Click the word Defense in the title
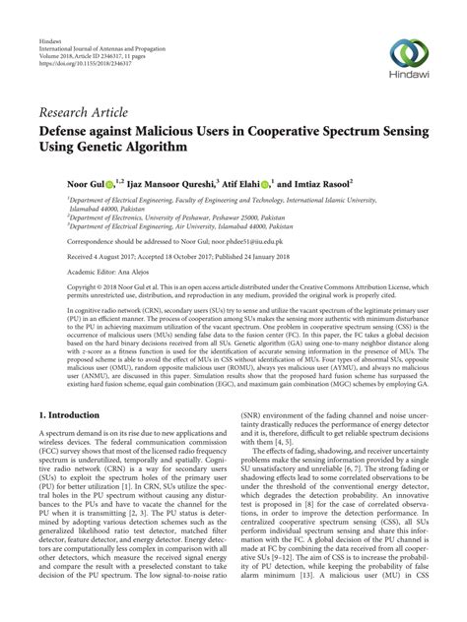(x=71, y=131)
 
